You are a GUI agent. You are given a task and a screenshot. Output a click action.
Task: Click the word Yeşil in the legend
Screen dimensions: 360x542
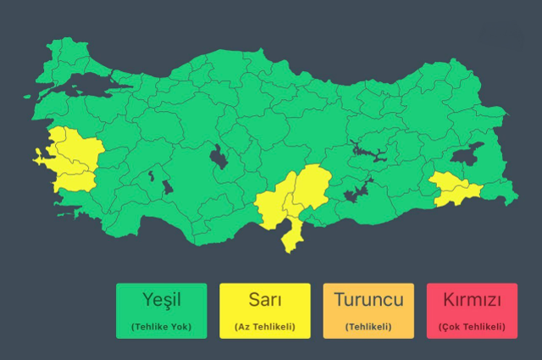point(161,300)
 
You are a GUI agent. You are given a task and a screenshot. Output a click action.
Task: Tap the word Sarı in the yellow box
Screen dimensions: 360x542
point(264,300)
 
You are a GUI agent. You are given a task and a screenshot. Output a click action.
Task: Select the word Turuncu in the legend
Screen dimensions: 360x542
point(368,300)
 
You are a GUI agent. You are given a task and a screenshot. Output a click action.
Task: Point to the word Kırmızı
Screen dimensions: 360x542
point(472,300)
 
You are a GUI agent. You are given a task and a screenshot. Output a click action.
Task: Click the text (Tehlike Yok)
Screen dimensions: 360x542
point(161,326)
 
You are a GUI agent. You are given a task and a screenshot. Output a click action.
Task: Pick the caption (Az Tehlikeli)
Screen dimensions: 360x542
point(264,326)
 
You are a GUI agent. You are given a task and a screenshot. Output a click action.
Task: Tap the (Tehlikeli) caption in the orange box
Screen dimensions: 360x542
point(368,326)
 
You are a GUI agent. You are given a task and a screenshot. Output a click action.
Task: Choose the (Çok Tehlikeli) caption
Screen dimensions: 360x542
point(472,326)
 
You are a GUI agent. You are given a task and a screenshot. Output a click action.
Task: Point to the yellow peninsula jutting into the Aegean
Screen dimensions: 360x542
point(39,156)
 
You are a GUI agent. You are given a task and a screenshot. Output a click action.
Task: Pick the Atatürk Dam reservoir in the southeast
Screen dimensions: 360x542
point(357,194)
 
